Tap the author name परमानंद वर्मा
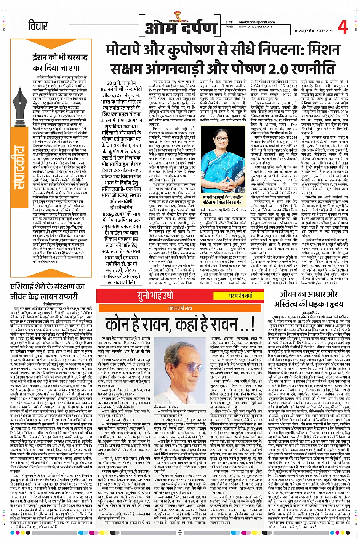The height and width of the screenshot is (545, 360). click(241, 296)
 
